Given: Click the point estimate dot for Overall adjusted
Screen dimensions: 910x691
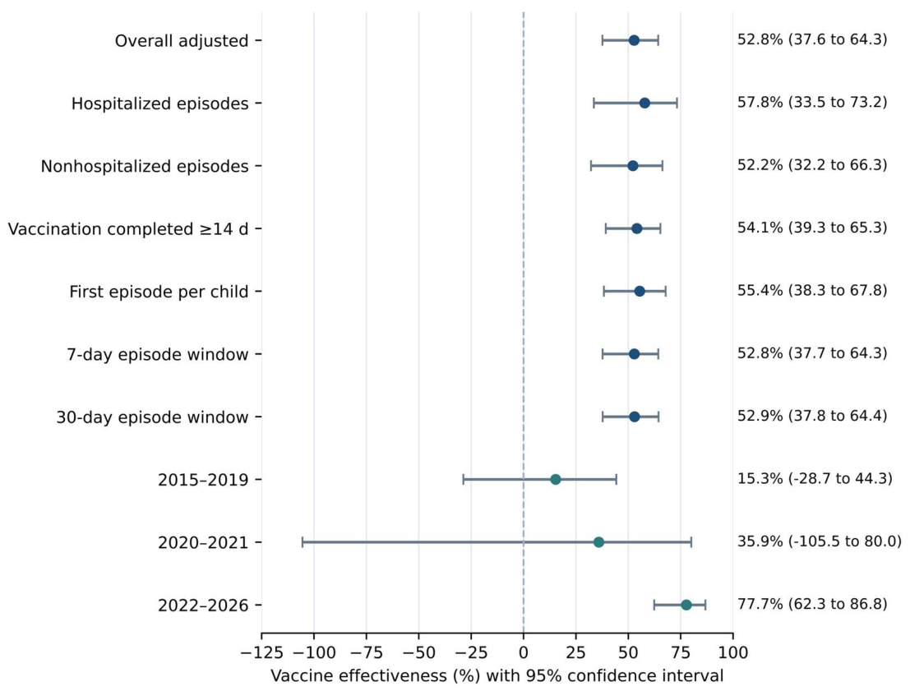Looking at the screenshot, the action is [x=634, y=40].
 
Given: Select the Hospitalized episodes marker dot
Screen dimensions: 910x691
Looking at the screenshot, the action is [x=644, y=104].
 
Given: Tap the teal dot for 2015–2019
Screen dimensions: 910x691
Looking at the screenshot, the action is [x=556, y=479].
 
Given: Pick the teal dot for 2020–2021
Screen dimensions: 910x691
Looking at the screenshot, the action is [x=598, y=542].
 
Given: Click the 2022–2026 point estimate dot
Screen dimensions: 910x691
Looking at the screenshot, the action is [x=686, y=605].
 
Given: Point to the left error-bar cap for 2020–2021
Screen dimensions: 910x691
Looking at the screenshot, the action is [x=303, y=542].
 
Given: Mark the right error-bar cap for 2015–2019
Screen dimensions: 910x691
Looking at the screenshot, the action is [x=617, y=479].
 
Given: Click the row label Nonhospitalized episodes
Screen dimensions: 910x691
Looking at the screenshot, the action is [x=145, y=167].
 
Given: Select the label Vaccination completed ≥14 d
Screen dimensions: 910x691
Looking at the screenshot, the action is [x=128, y=229].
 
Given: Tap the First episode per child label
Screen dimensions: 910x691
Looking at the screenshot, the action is [x=159, y=291].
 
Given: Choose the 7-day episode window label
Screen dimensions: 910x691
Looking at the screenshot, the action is [x=158, y=354].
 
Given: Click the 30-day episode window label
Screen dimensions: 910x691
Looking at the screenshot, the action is [x=152, y=417].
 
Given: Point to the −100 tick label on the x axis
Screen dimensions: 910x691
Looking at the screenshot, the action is [x=313, y=652].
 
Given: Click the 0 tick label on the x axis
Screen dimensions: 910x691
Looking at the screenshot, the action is [x=524, y=652].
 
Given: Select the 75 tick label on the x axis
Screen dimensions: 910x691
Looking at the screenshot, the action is [x=680, y=652].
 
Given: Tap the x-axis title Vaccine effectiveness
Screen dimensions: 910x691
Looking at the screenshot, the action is [x=497, y=676].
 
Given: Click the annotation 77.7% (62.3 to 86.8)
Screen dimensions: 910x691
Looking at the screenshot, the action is [x=812, y=604].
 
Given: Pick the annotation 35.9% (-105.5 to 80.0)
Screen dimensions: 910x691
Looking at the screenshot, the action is [x=820, y=541].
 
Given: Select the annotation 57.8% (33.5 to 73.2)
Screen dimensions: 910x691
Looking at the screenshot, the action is [x=812, y=102].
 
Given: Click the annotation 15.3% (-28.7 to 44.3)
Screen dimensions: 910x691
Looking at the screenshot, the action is [x=815, y=479].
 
